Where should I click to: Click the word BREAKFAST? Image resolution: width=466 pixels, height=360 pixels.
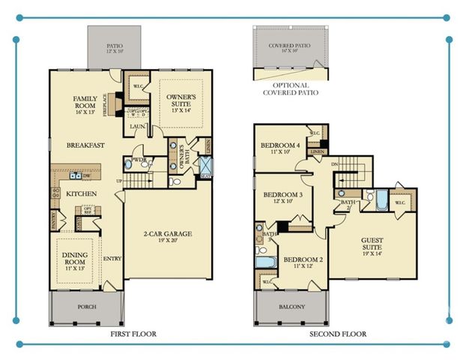click(85, 145)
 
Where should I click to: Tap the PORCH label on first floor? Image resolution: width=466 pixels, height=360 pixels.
click(87, 307)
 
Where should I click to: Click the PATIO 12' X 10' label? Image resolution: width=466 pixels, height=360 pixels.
click(114, 46)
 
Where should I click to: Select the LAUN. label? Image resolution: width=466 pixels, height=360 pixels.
click(137, 127)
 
